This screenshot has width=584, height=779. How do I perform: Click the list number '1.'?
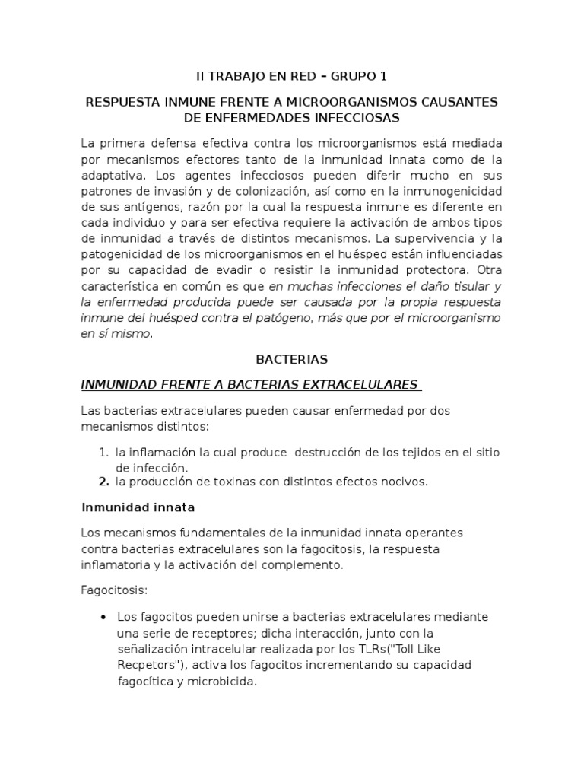pyautogui.click(x=105, y=453)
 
